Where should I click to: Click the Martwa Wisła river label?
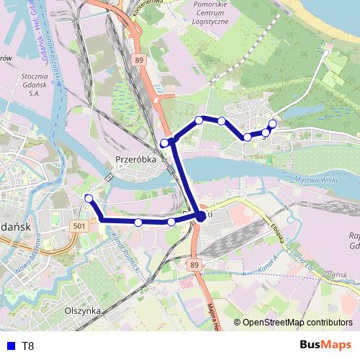[316, 181]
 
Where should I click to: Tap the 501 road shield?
[79, 226]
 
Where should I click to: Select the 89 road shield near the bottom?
[195, 266]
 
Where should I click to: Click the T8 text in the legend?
[28, 346]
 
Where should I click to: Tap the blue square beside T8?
[9, 346]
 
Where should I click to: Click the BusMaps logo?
[326, 345]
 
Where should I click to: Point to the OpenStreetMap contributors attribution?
[297, 323]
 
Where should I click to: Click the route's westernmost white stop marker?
[89, 198]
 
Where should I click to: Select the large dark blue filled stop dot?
[200, 216]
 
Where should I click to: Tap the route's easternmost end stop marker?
[271, 124]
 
